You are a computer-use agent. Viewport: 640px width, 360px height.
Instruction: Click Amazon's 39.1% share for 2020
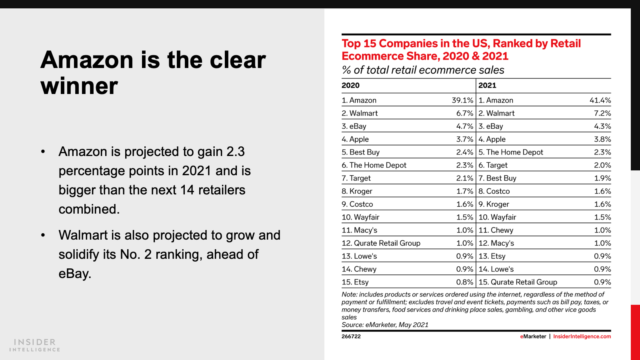tap(462, 100)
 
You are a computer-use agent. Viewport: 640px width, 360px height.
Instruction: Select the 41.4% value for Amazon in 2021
tap(600, 100)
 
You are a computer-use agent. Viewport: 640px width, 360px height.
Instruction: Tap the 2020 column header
tap(350, 85)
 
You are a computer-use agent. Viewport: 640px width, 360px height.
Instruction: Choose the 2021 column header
tap(487, 85)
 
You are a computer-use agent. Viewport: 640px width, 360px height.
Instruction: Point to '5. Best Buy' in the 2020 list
tap(360, 152)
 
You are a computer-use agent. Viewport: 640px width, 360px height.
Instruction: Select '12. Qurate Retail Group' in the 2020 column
tap(381, 243)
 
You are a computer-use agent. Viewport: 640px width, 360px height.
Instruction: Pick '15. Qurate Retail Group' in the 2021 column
tap(518, 282)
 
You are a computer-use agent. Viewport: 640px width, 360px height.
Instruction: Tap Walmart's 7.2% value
tap(602, 114)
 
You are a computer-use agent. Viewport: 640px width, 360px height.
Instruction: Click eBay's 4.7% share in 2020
tap(465, 126)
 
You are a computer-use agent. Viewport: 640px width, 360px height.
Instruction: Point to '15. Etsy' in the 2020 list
tap(355, 282)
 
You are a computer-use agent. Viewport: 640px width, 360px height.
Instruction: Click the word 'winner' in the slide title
tap(79, 86)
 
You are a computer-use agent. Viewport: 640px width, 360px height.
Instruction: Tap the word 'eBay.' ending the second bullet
tap(75, 274)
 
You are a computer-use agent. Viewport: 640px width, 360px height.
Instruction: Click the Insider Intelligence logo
tap(35, 345)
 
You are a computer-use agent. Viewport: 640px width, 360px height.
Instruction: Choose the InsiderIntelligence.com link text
tap(582, 336)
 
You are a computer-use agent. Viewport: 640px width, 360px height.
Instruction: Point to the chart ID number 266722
tap(351, 336)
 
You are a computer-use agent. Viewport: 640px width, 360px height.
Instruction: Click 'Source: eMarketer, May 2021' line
tap(385, 325)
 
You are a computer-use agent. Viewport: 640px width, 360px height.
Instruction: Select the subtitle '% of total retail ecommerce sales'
tap(423, 70)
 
